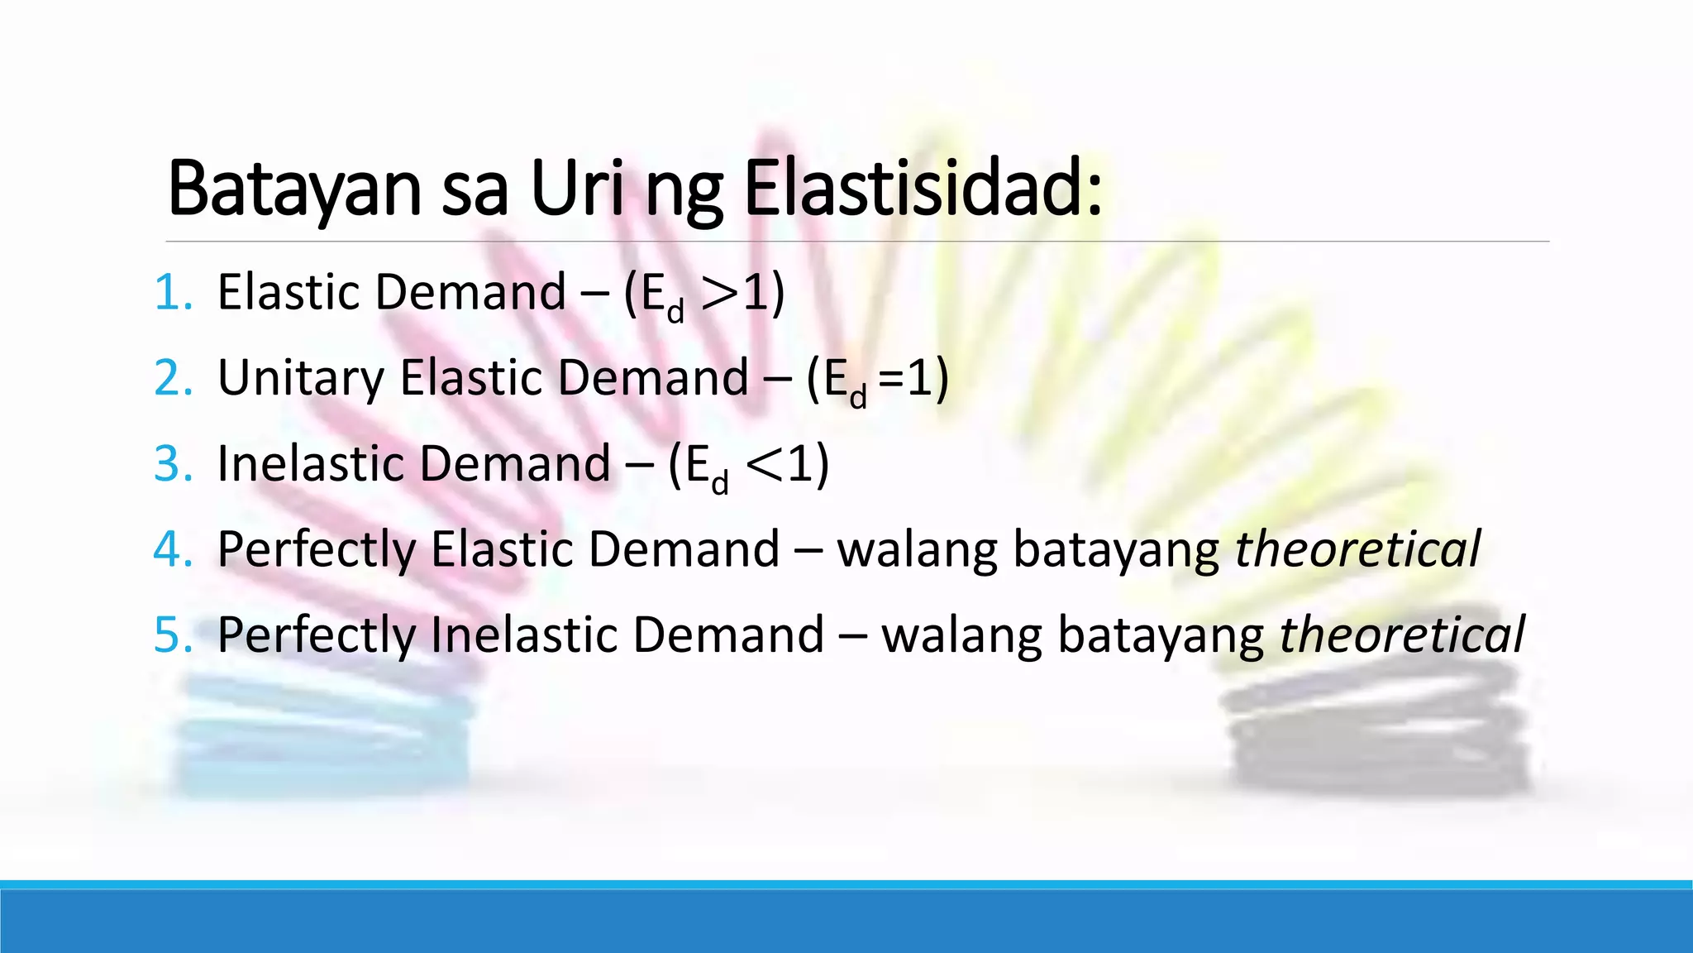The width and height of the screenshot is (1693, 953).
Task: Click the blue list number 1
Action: (172, 293)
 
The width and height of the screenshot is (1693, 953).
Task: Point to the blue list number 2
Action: (172, 378)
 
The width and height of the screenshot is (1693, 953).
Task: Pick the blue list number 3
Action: (172, 464)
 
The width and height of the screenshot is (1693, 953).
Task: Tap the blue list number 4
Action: (172, 549)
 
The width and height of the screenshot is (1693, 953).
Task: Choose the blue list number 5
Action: (172, 635)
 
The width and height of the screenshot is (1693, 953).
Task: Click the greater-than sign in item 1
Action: (718, 294)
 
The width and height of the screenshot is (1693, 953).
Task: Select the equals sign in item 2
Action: (891, 379)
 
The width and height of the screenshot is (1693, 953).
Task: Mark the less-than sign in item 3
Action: (763, 465)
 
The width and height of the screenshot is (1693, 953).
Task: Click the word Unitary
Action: (301, 379)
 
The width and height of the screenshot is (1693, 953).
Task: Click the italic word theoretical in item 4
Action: (1357, 549)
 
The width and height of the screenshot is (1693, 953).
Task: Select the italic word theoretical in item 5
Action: (1402, 635)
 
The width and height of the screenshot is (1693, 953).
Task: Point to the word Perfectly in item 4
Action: (316, 551)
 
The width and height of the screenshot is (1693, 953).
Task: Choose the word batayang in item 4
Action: (1116, 551)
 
